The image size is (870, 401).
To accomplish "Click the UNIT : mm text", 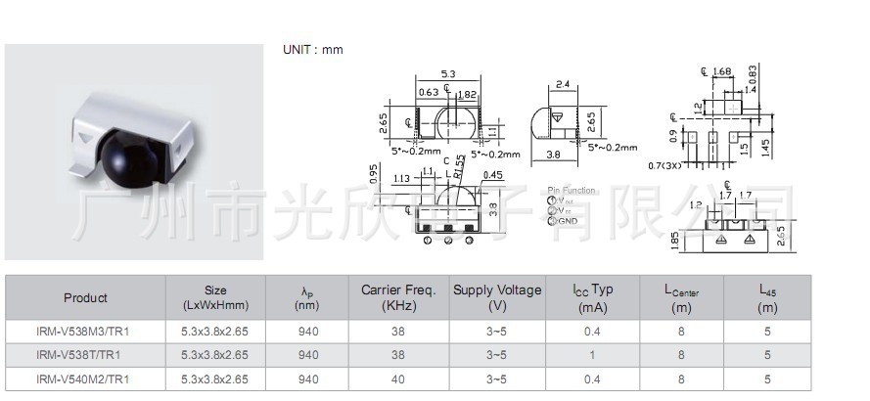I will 313,50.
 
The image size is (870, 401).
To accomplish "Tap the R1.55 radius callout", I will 458,168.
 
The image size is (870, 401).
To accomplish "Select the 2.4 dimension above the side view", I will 563,85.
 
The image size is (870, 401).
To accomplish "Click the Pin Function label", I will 572,190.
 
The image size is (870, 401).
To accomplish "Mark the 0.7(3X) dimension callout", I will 664,166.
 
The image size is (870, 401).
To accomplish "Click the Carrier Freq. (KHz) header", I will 397,297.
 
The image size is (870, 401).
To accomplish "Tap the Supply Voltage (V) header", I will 496,297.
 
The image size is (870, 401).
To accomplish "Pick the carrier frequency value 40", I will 397,379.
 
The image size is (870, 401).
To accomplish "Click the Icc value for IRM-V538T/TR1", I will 592,355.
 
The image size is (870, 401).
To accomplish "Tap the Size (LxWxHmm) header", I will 215,297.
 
